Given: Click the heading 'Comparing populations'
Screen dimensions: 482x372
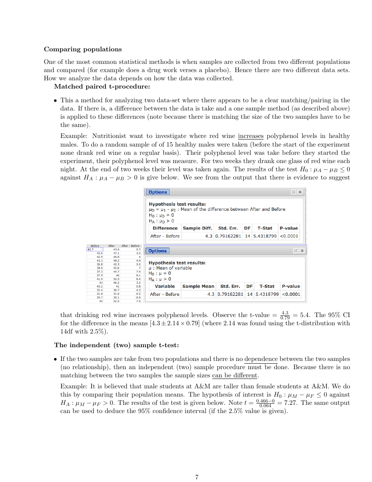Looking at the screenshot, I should click(x=83, y=49).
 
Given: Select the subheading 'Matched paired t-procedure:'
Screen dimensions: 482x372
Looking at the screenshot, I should click(x=102, y=87).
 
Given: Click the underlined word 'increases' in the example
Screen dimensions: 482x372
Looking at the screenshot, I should click(x=251, y=136).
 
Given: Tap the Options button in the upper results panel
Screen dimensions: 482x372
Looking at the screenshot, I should click(x=158, y=192).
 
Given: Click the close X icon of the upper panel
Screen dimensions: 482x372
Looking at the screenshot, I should click(x=300, y=192).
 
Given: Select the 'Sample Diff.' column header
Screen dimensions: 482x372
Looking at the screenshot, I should click(x=197, y=228).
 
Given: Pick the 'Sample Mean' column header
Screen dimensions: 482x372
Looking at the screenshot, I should click(x=198, y=286).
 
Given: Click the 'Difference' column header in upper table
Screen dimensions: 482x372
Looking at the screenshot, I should click(x=165, y=228).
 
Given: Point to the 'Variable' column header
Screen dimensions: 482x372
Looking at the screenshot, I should click(x=164, y=286).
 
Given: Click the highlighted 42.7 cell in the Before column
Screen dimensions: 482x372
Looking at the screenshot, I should click(x=95, y=249).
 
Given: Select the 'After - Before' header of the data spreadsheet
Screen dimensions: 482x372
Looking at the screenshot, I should click(x=130, y=246).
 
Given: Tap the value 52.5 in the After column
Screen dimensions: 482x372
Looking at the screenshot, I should click(x=116, y=301).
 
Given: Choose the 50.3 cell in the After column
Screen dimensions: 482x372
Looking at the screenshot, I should click(x=116, y=279).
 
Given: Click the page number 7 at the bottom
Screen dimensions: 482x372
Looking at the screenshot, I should click(x=197, y=477).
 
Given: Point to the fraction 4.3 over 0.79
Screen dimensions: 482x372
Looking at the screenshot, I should click(x=285, y=315).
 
